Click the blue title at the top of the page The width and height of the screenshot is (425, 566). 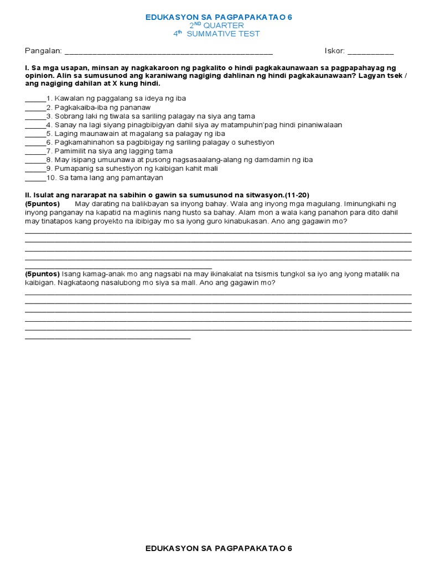pos(219,17)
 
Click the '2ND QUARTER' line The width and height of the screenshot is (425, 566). pos(216,25)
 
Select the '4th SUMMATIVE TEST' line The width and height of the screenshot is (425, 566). pos(216,34)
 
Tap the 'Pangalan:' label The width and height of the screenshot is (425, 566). pos(43,51)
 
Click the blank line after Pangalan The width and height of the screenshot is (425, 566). pos(169,53)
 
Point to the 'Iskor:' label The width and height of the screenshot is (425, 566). pos(335,51)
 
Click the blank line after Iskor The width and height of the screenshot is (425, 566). pos(371,53)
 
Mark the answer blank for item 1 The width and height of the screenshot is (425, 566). pos(35,100)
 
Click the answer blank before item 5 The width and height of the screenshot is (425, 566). pos(35,135)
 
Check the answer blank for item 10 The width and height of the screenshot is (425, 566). pos(35,180)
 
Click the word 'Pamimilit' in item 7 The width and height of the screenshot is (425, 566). pos(69,151)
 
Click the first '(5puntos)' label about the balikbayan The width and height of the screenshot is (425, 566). pos(42,203)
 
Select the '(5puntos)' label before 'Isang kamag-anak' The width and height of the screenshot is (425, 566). pos(42,274)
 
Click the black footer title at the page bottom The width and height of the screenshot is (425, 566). pos(219,548)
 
